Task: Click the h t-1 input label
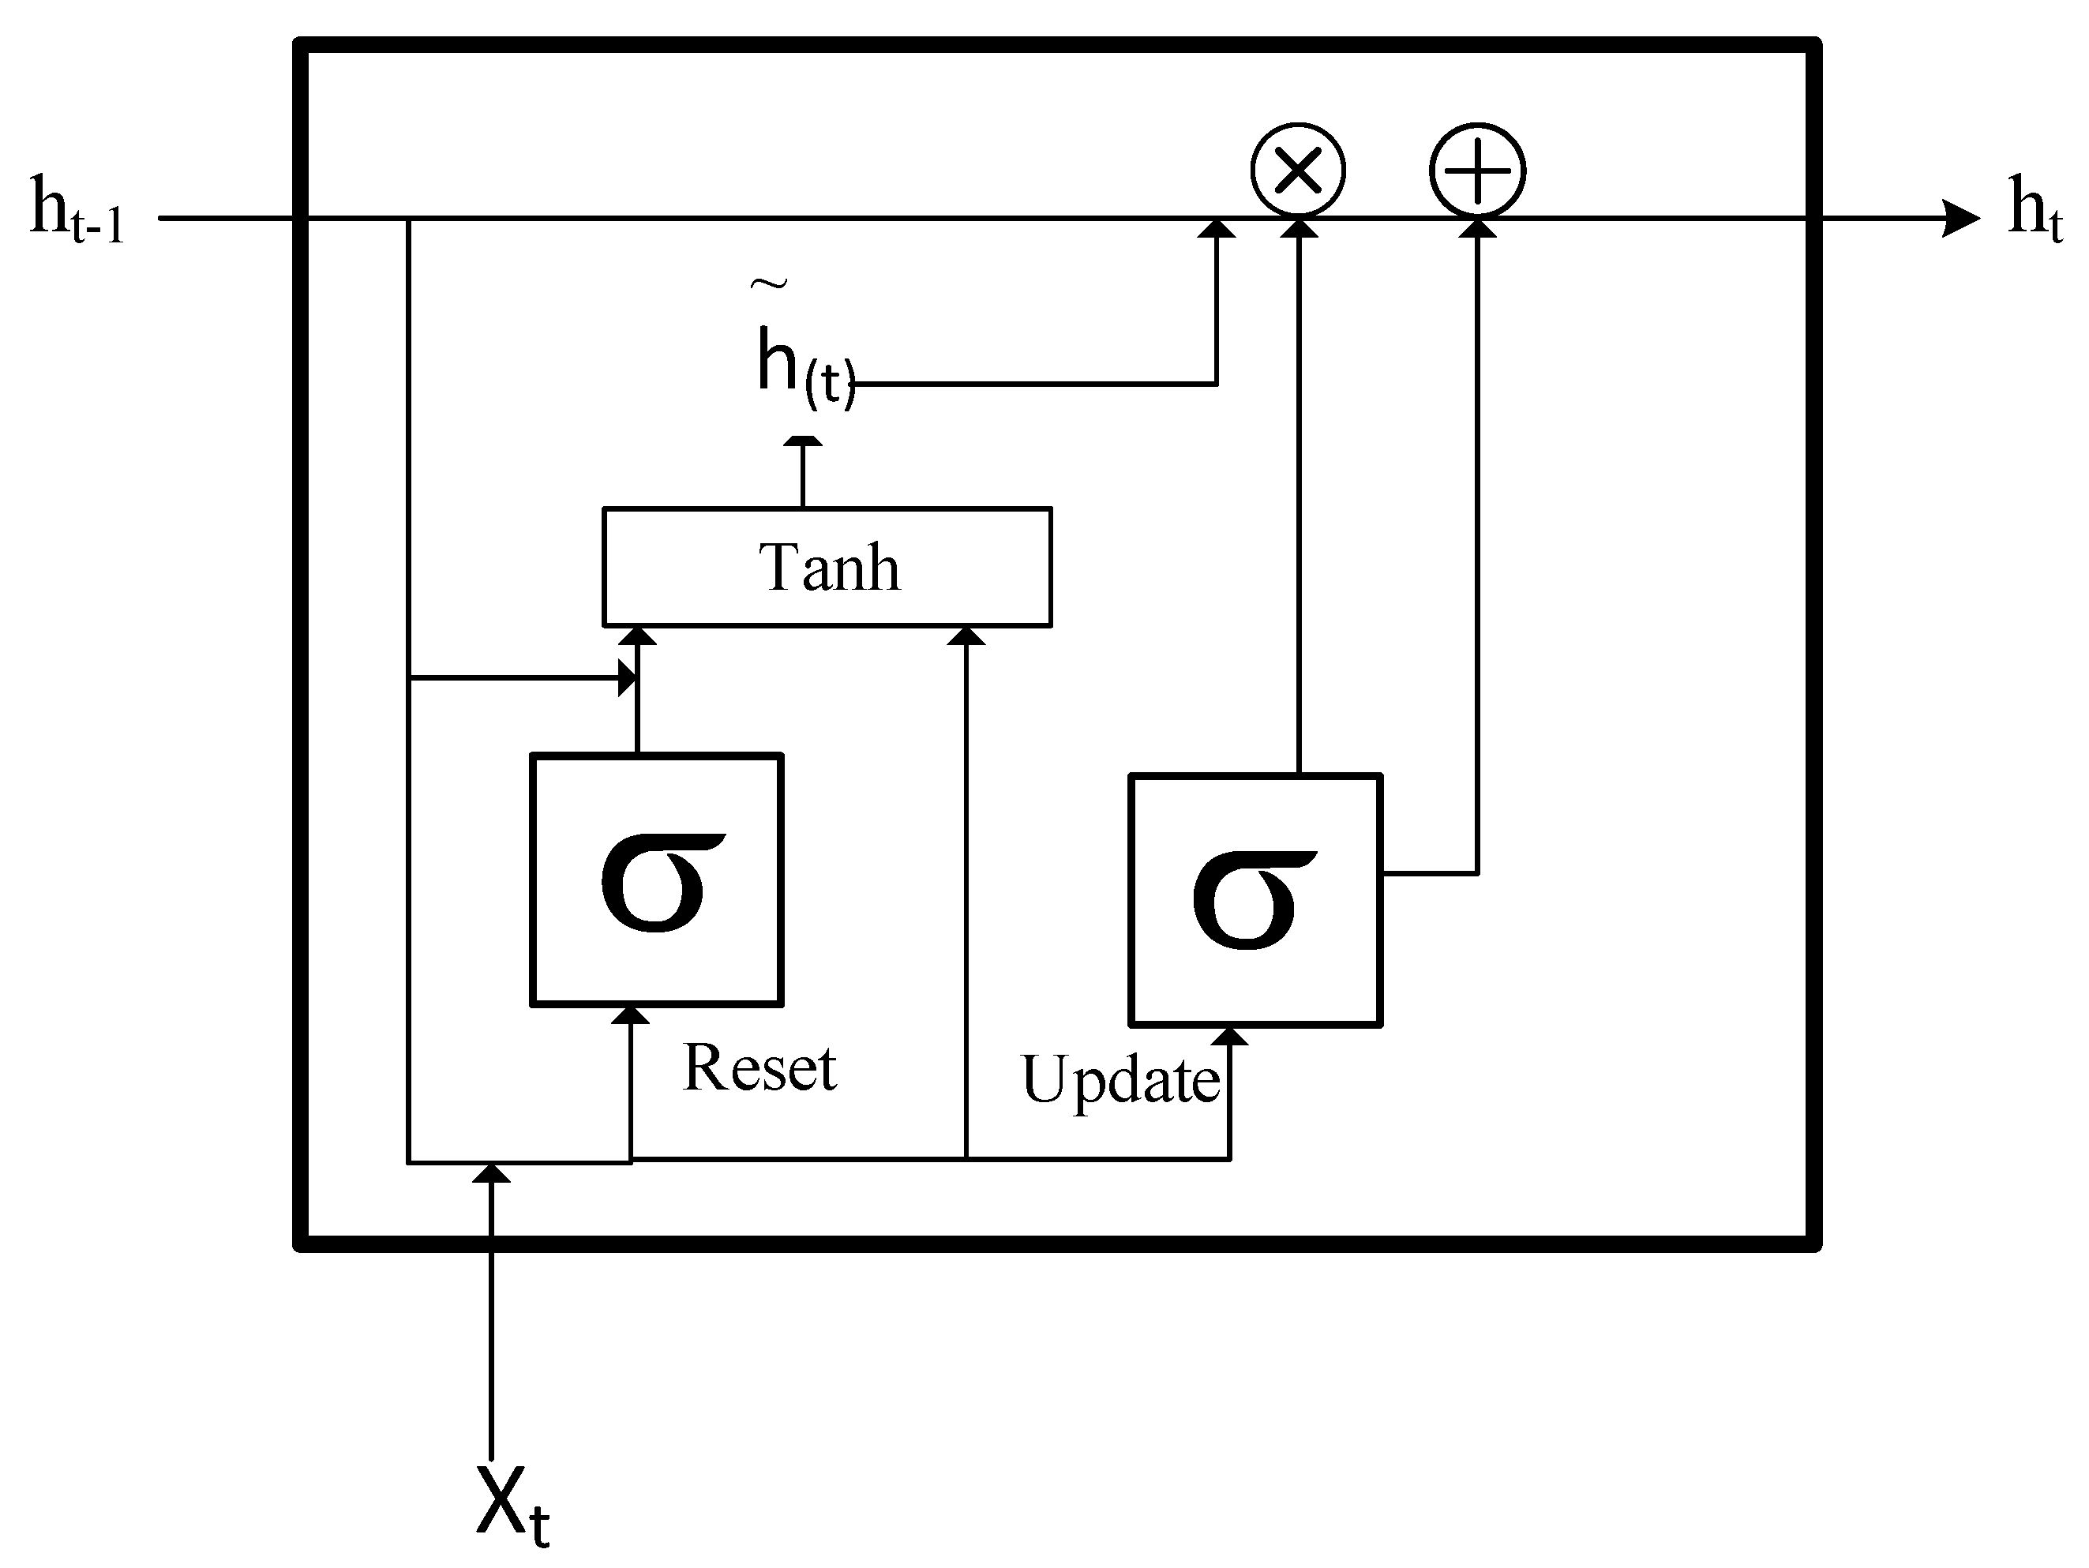pyautogui.click(x=76, y=210)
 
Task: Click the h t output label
pyautogui.click(x=2033, y=208)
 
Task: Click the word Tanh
pyautogui.click(x=828, y=568)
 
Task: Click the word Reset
pyautogui.click(x=759, y=1068)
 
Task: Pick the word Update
pyautogui.click(x=1120, y=1078)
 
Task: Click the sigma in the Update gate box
pyautogui.click(x=1252, y=899)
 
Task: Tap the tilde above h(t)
pyautogui.click(x=769, y=283)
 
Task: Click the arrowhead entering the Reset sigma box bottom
pyautogui.click(x=630, y=1015)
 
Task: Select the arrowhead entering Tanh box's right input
pyautogui.click(x=966, y=636)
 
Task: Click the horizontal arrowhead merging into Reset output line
pyautogui.click(x=627, y=678)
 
